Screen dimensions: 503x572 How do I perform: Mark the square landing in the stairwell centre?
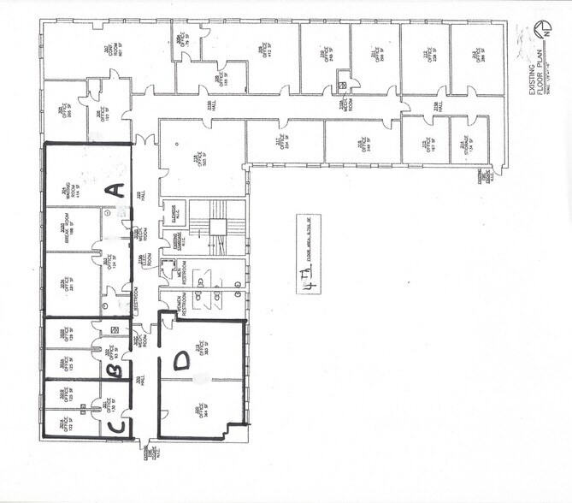tap(218, 227)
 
